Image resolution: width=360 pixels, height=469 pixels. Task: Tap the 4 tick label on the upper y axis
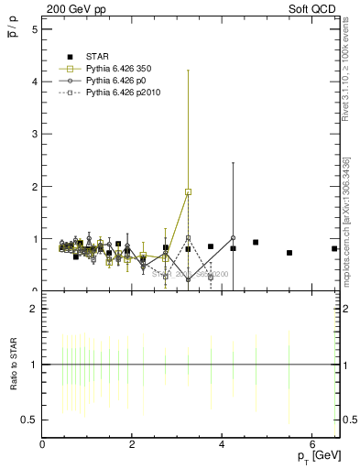[35, 82]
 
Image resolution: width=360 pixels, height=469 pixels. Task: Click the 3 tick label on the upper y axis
[35, 134]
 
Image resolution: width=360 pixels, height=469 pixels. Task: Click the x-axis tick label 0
[43, 443]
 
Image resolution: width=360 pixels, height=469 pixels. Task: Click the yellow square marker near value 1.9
[188, 191]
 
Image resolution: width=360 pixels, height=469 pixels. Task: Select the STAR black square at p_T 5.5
[289, 253]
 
